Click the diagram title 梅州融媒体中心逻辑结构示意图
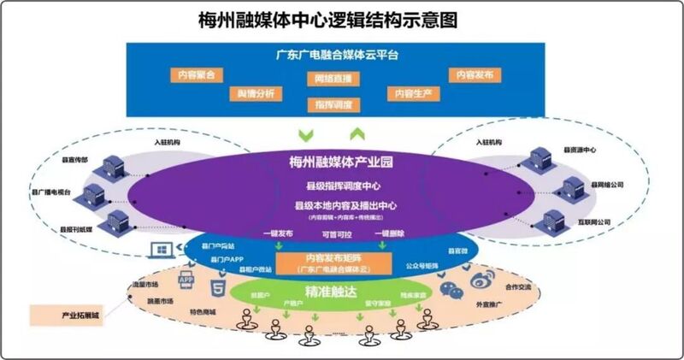click(x=341, y=19)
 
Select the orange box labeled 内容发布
click(x=474, y=75)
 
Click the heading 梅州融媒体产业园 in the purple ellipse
click(x=339, y=162)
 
